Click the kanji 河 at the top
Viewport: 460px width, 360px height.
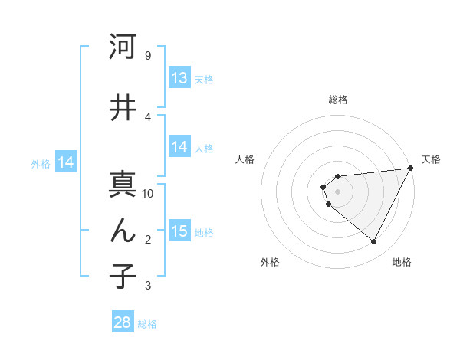pos(123,47)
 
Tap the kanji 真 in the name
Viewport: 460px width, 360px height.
pos(123,184)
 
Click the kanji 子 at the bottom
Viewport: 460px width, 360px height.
pos(123,276)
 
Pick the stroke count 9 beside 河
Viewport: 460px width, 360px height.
pos(147,56)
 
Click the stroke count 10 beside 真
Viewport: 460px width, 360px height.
pos(148,193)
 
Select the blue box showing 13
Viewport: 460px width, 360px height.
pos(179,78)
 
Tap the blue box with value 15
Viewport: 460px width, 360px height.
pos(179,231)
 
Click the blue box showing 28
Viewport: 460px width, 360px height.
pos(123,322)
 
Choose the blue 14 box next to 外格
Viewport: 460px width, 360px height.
pos(65,162)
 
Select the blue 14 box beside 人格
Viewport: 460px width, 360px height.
pos(179,147)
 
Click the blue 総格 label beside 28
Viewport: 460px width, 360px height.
pos(147,324)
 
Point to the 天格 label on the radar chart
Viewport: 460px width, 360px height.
pos(431,159)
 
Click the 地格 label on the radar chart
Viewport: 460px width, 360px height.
pos(402,262)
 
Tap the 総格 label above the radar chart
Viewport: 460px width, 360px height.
pos(337,100)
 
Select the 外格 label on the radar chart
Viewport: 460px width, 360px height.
pos(270,262)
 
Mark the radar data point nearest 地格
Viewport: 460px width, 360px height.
pos(374,242)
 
